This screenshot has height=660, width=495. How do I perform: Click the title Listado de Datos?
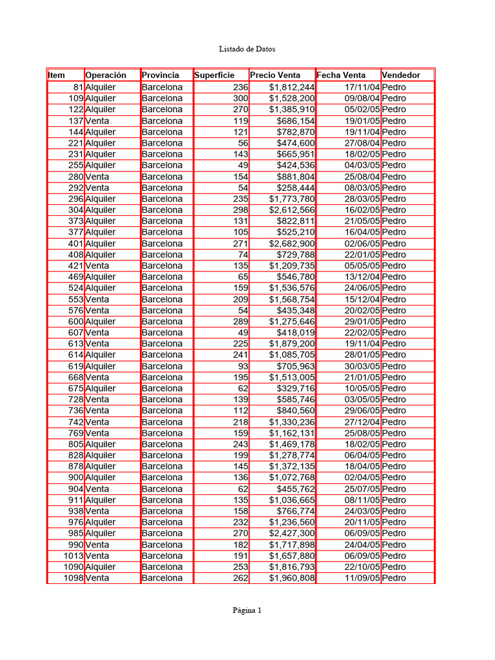tap(247, 48)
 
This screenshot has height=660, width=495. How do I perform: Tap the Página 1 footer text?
tap(247, 611)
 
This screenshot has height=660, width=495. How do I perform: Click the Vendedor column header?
tap(401, 75)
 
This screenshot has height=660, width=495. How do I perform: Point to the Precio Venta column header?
tap(275, 75)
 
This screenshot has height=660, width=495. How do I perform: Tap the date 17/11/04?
tap(362, 87)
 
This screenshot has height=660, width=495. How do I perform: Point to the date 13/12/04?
tap(362, 277)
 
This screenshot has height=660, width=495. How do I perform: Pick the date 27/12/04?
tap(362, 422)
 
